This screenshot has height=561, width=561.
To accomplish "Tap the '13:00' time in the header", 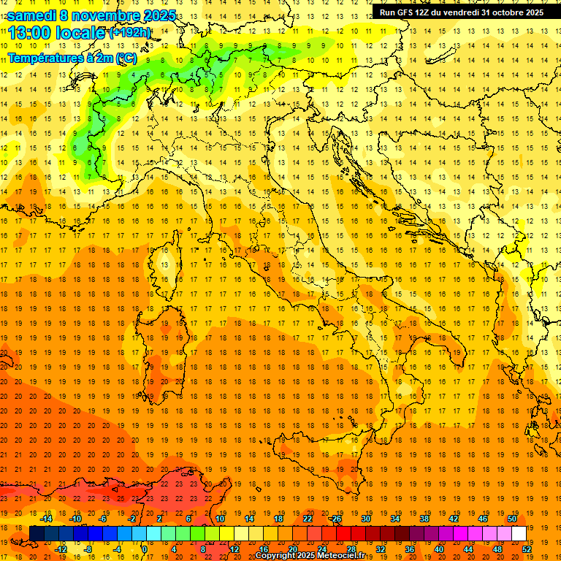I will point(30,33).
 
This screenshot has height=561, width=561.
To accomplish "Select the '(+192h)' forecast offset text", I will point(129,33).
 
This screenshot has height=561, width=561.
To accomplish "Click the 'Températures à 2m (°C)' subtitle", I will point(72,57).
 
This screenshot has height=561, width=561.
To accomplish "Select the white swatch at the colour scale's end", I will point(519,533).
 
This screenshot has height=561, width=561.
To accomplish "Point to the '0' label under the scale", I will point(144,549).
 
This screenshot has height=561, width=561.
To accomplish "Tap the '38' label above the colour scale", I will point(424,518).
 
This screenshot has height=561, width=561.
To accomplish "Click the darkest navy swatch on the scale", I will point(37,533).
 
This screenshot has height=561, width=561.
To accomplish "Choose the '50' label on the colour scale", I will point(511,518).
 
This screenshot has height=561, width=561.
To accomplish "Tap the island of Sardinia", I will point(164,343).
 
